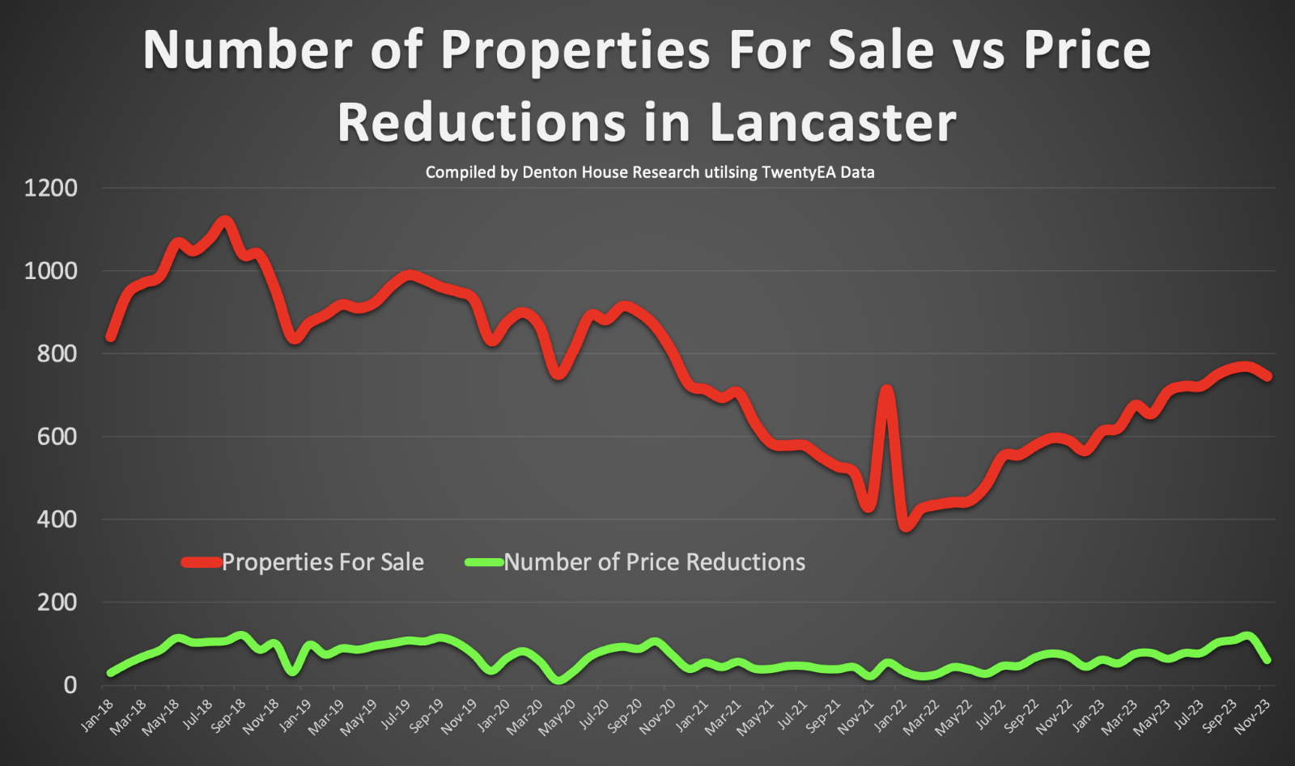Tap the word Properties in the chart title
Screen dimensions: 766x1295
click(x=575, y=50)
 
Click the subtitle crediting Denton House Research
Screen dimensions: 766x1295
click(x=649, y=172)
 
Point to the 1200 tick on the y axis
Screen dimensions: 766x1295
click(x=51, y=188)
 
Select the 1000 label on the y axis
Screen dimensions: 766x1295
click(x=51, y=271)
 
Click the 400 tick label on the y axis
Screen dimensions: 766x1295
click(x=57, y=519)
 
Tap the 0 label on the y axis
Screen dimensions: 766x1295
click(x=70, y=685)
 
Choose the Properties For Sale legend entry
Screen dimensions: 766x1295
click(x=321, y=562)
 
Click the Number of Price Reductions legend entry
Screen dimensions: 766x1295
click(x=653, y=562)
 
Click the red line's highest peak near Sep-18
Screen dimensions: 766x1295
click(x=225, y=221)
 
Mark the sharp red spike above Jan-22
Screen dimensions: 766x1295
click(x=887, y=392)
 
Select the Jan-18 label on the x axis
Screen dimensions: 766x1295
click(x=97, y=715)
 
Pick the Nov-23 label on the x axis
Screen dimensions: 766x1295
click(x=1253, y=717)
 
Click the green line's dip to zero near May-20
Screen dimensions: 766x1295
click(x=558, y=680)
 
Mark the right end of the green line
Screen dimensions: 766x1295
click(x=1267, y=660)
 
